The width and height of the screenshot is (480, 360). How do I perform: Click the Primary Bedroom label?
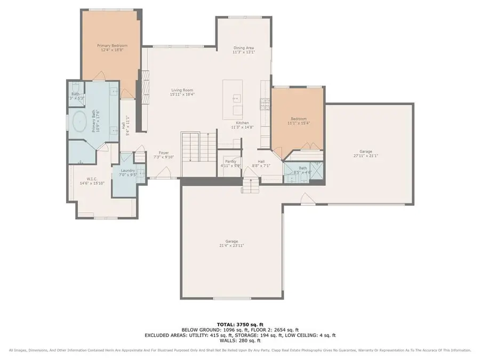pyautogui.click(x=112, y=46)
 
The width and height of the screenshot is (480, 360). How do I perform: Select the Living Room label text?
pyautogui.click(x=182, y=90)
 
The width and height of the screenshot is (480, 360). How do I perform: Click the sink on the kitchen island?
pyautogui.click(x=235, y=98)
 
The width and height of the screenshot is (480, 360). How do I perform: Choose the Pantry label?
pyautogui.click(x=231, y=161)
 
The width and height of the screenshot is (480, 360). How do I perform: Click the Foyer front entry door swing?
pyautogui.click(x=165, y=172)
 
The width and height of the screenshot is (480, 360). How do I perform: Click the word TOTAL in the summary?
pyautogui.click(x=225, y=323)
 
